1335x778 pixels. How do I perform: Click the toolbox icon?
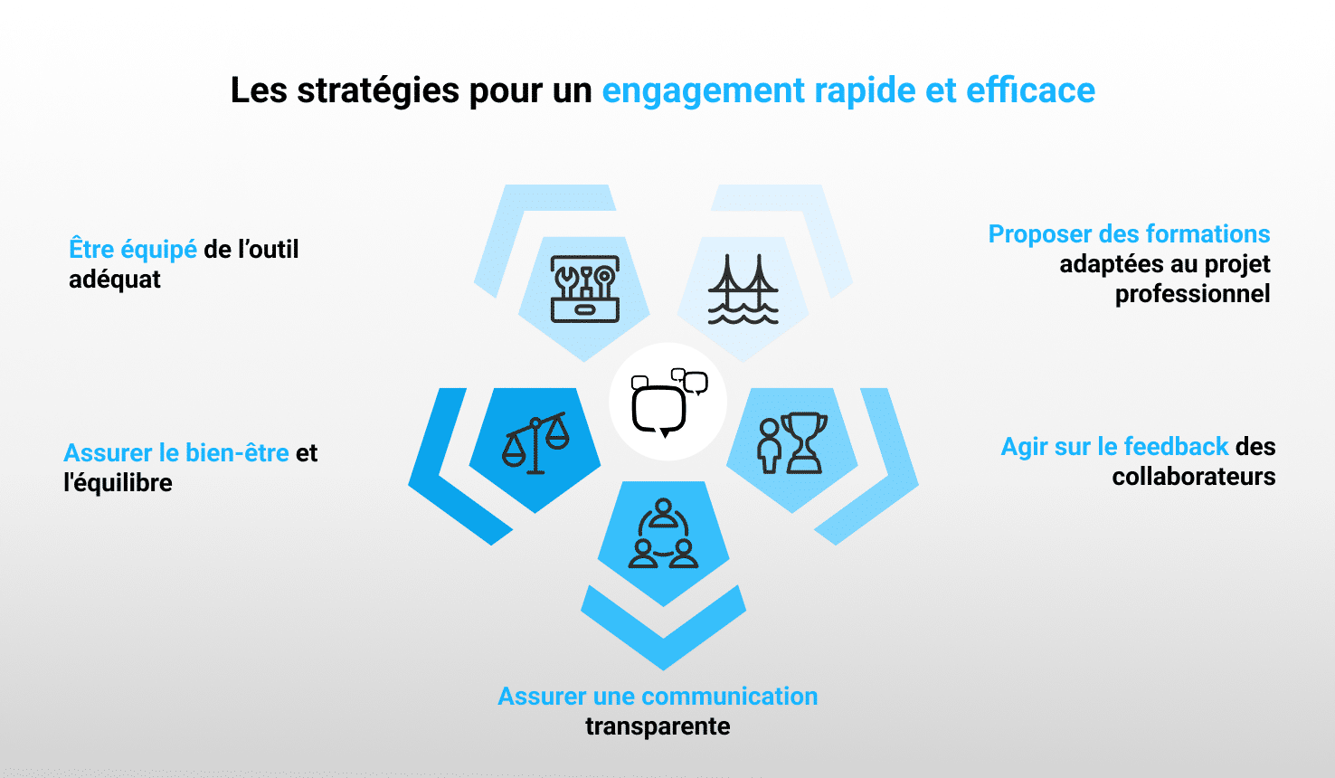(x=584, y=289)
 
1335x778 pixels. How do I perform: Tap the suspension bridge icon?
(x=743, y=289)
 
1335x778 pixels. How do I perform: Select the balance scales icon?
(x=535, y=443)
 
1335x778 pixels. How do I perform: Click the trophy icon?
(x=804, y=443)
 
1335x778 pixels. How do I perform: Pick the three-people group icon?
(x=663, y=534)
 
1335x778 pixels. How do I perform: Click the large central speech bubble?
(x=659, y=411)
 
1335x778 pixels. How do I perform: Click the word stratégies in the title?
(x=378, y=91)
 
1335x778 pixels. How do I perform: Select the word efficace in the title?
(x=1030, y=90)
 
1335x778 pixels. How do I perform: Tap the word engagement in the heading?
(x=704, y=92)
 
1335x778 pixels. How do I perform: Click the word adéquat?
(x=115, y=280)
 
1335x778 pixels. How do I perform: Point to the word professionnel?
(x=1193, y=294)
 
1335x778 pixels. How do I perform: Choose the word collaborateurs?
(x=1194, y=477)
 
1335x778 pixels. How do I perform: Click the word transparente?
(x=658, y=726)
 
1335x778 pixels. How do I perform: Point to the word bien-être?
(x=237, y=453)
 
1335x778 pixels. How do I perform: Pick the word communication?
(x=730, y=697)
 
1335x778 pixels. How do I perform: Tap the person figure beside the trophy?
(x=769, y=446)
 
